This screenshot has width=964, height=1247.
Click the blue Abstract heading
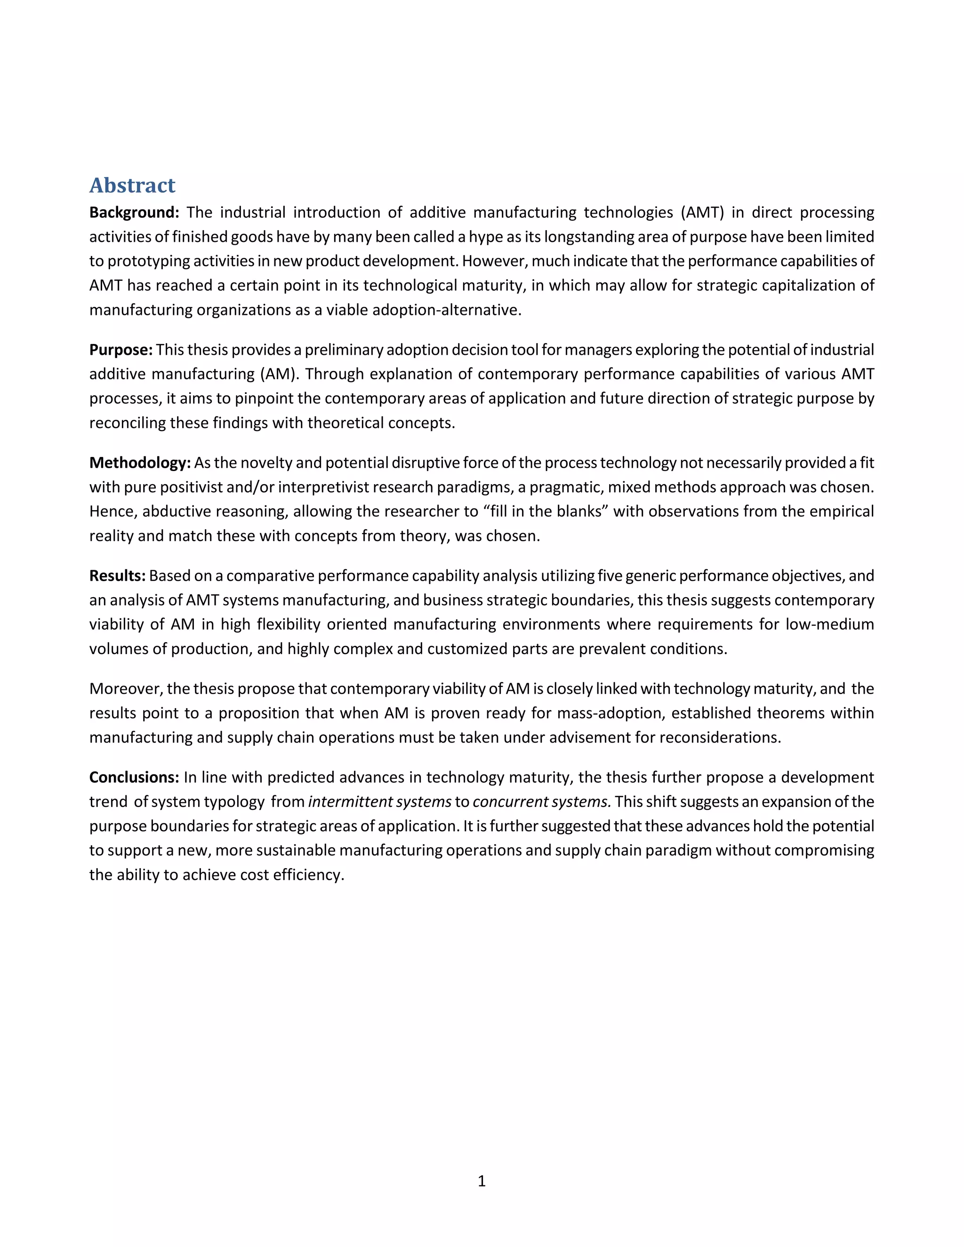coord(132,185)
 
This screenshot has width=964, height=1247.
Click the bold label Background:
coord(134,212)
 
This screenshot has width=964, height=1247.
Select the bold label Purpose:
coord(120,350)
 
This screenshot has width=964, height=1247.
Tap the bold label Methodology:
coord(139,463)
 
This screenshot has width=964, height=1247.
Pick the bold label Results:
coord(117,576)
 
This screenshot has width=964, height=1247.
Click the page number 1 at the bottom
coord(482,1181)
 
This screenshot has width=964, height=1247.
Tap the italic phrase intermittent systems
coord(380,802)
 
